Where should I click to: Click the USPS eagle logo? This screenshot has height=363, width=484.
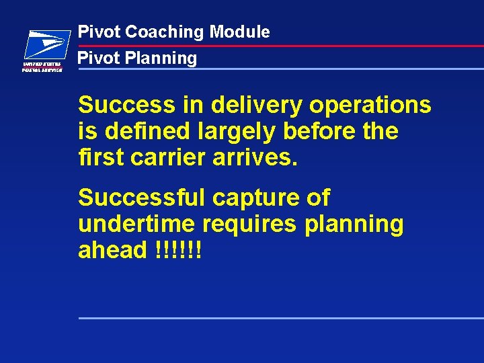tap(46, 46)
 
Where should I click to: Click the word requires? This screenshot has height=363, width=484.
tap(254, 225)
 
